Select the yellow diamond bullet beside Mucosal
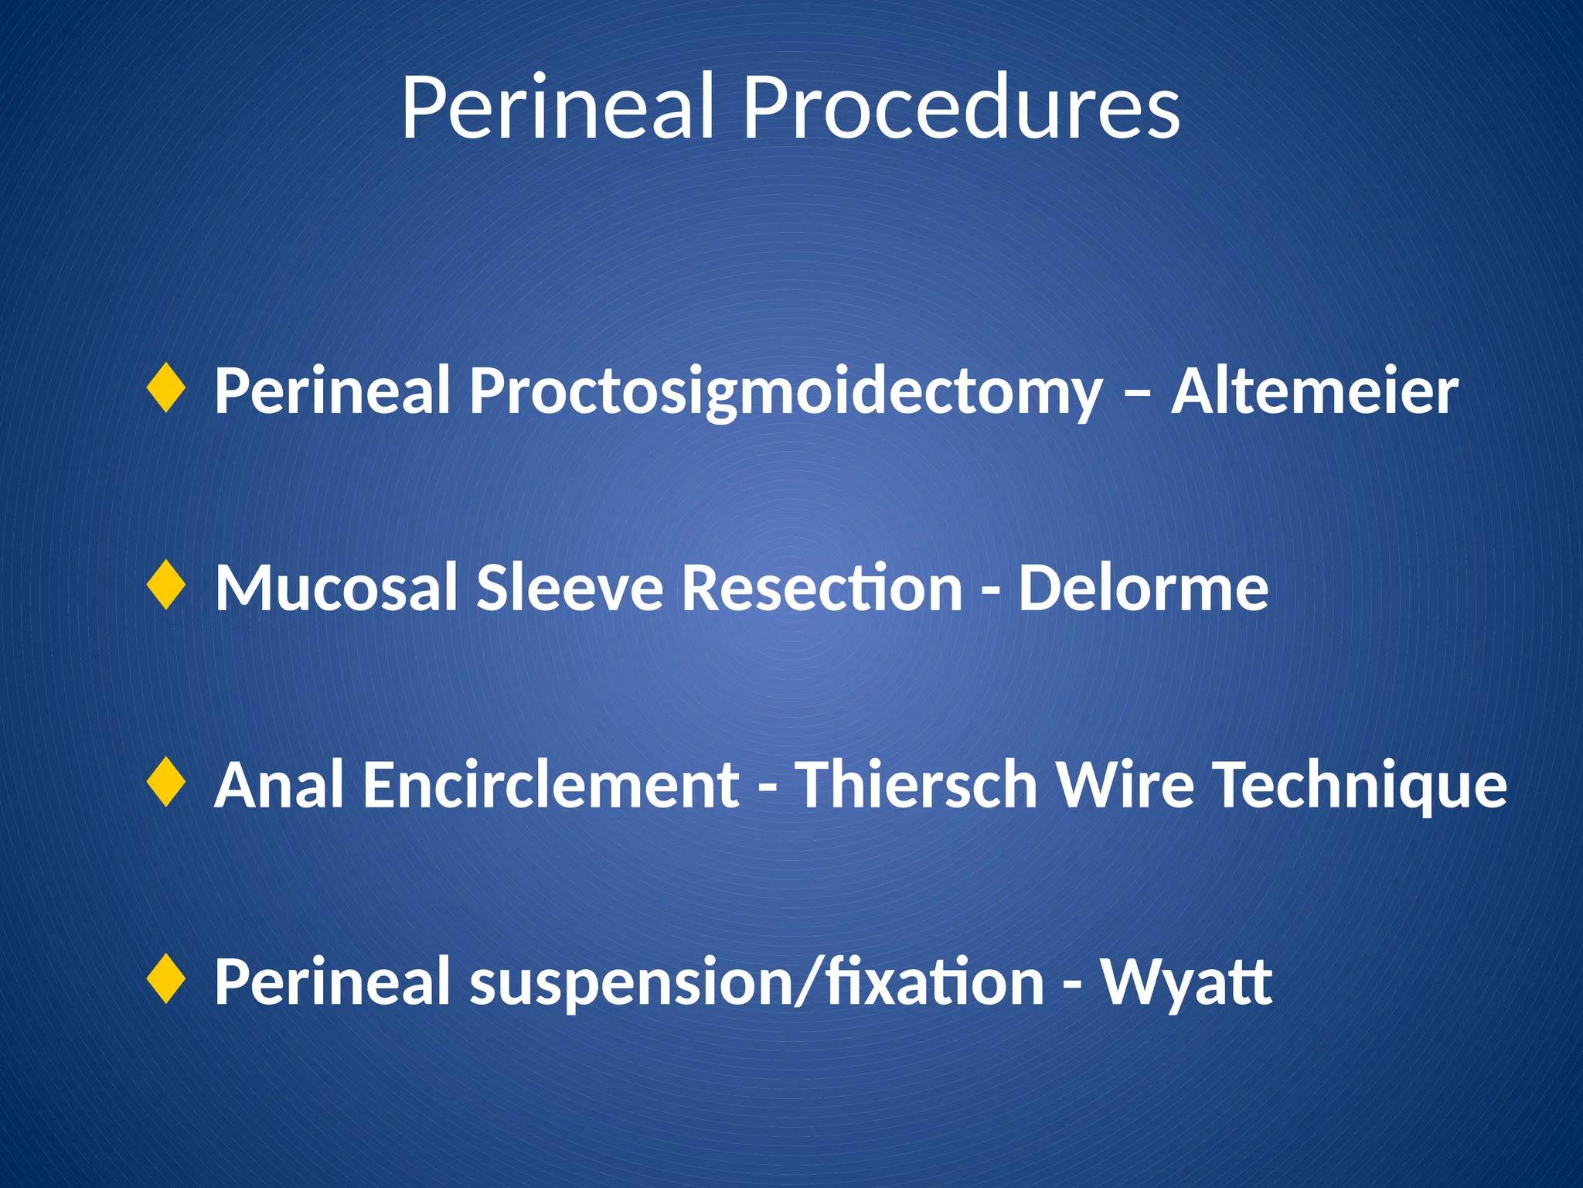(x=166, y=585)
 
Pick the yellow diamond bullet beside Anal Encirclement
(x=166, y=783)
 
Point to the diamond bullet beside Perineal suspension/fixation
(x=166, y=979)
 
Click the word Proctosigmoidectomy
(x=785, y=393)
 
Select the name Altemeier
(x=1314, y=391)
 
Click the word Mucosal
(x=336, y=588)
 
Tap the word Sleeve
(x=570, y=588)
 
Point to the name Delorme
(x=1143, y=588)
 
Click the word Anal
(x=279, y=784)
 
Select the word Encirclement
(x=551, y=784)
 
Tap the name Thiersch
(x=916, y=784)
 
